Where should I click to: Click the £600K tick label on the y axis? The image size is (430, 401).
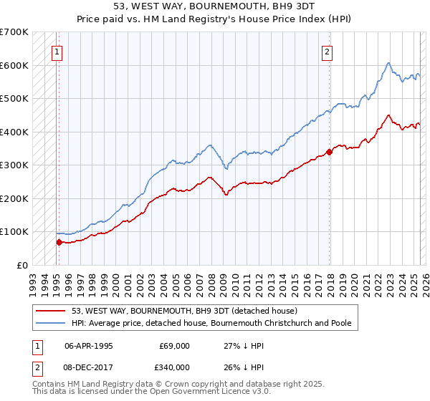[x=14, y=65]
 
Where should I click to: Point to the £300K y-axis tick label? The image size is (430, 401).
[x=14, y=165]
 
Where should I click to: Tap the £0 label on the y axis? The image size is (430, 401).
[x=22, y=265]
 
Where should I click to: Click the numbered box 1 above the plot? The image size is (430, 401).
[x=56, y=51]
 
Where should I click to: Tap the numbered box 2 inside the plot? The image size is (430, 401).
[x=327, y=51]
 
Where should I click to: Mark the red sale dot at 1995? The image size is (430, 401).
[x=59, y=242]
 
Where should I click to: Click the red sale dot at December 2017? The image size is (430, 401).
[x=330, y=152]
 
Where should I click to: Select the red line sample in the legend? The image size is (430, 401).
[x=51, y=310]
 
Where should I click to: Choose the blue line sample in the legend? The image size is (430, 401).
[x=51, y=323]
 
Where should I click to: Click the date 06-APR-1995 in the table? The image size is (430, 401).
[x=89, y=345]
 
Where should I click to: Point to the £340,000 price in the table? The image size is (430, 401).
[x=175, y=367]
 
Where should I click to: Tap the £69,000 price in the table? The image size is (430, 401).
[x=175, y=345]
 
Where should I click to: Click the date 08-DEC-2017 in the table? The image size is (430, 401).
[x=89, y=367]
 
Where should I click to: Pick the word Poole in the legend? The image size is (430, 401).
[x=339, y=323]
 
